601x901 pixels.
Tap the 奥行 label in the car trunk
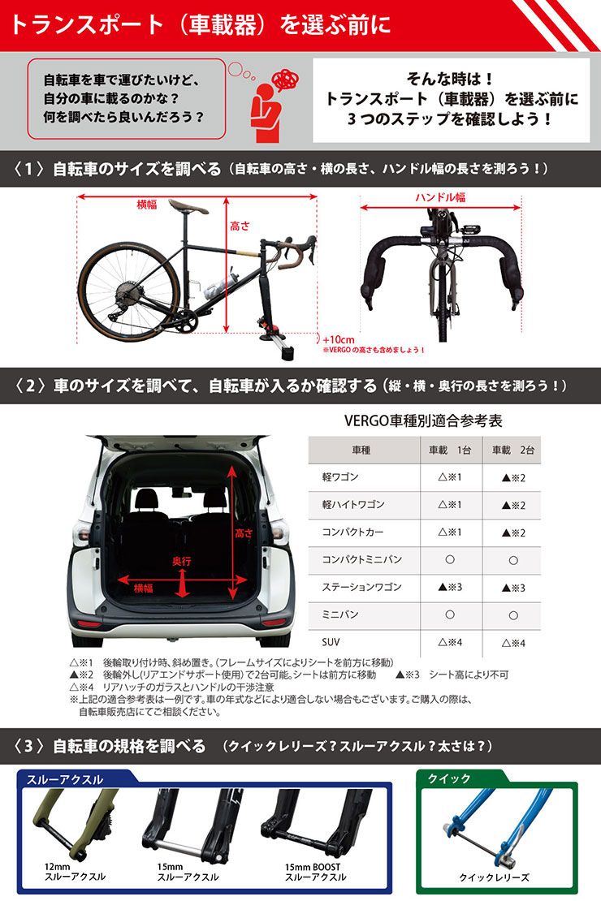point(181,561)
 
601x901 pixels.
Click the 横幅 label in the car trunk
point(142,588)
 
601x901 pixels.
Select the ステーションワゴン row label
point(351,587)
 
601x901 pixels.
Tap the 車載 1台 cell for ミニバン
point(449,614)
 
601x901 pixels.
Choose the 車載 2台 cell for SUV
point(512,643)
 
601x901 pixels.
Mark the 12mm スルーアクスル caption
point(75,873)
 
